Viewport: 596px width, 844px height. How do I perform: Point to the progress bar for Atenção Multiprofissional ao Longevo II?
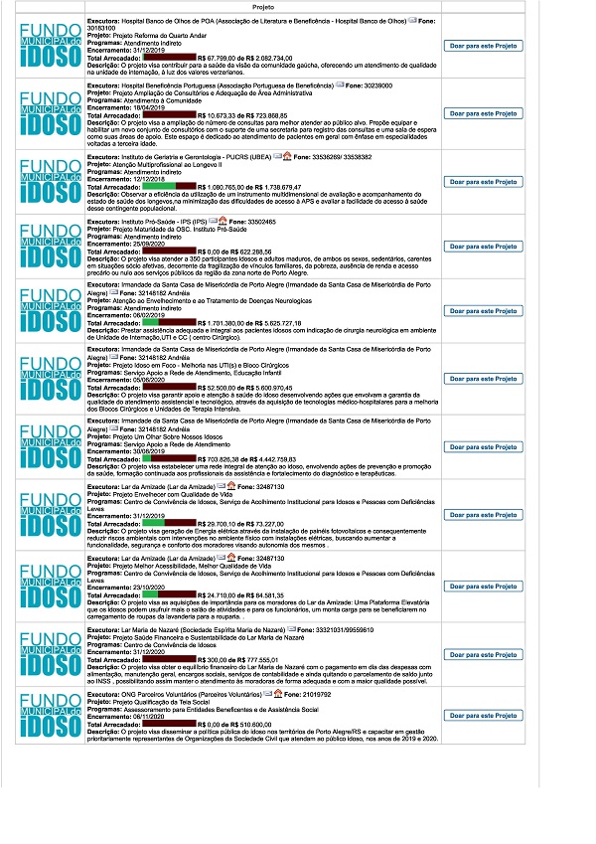pos(170,186)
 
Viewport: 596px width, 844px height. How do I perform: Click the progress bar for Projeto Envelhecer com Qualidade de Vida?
pos(170,522)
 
